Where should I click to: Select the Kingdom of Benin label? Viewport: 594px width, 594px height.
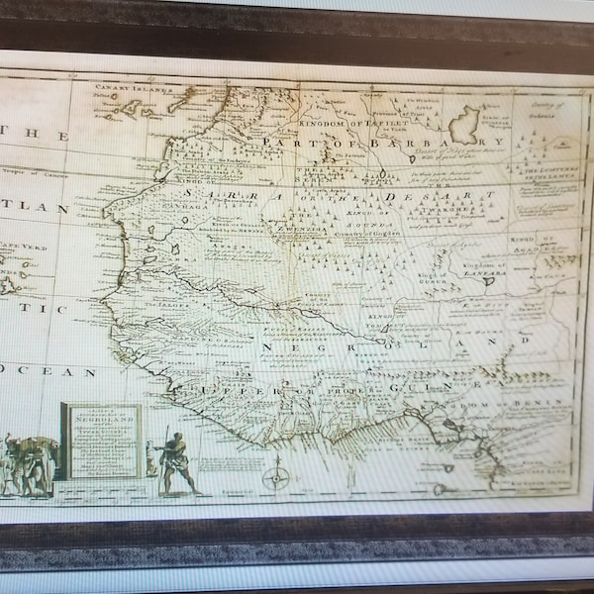pyautogui.click(x=514, y=403)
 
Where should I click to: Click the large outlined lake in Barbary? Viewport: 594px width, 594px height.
pyautogui.click(x=464, y=126)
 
